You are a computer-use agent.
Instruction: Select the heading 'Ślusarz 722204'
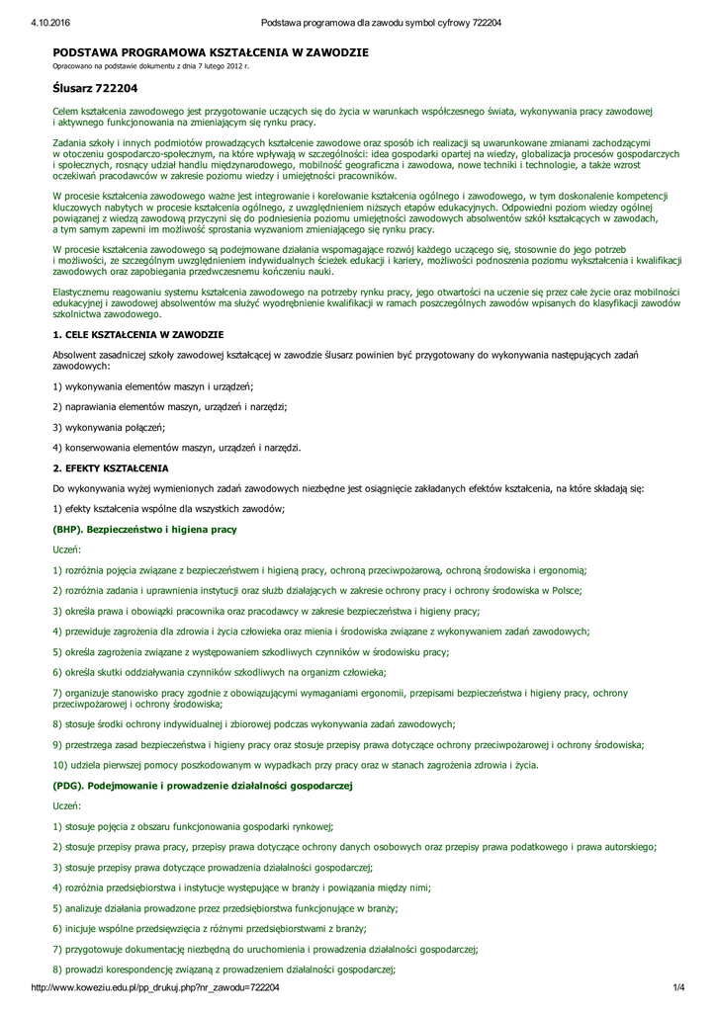94,88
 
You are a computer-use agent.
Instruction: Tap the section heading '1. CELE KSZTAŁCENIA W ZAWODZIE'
137,337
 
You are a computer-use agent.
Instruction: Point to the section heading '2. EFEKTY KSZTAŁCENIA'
111,467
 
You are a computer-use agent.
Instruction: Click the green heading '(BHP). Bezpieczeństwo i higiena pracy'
144,530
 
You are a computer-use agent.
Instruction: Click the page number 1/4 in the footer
678,987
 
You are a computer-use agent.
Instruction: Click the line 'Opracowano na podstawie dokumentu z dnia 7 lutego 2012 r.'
150,65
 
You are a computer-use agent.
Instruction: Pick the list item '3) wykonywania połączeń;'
109,426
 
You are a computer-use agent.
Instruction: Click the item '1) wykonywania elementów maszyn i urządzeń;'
153,385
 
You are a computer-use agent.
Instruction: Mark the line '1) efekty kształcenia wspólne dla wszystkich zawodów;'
168,509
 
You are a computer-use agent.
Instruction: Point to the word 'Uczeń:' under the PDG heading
67,805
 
